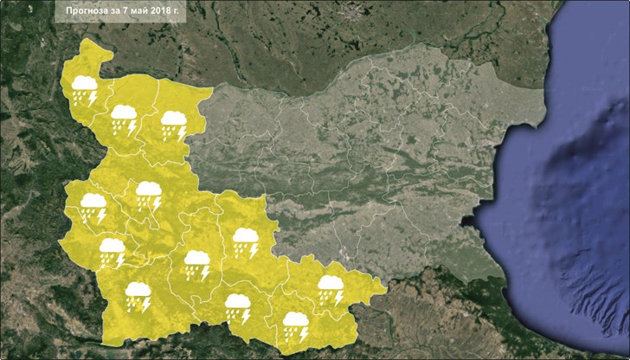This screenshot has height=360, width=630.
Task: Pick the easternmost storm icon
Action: click(x=330, y=289)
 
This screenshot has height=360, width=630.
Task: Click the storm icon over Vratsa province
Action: click(x=174, y=124)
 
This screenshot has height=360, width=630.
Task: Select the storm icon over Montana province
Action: click(x=124, y=118)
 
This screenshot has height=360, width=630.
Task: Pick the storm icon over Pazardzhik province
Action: click(x=197, y=264)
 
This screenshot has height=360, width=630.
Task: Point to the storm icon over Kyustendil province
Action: click(x=112, y=252)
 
